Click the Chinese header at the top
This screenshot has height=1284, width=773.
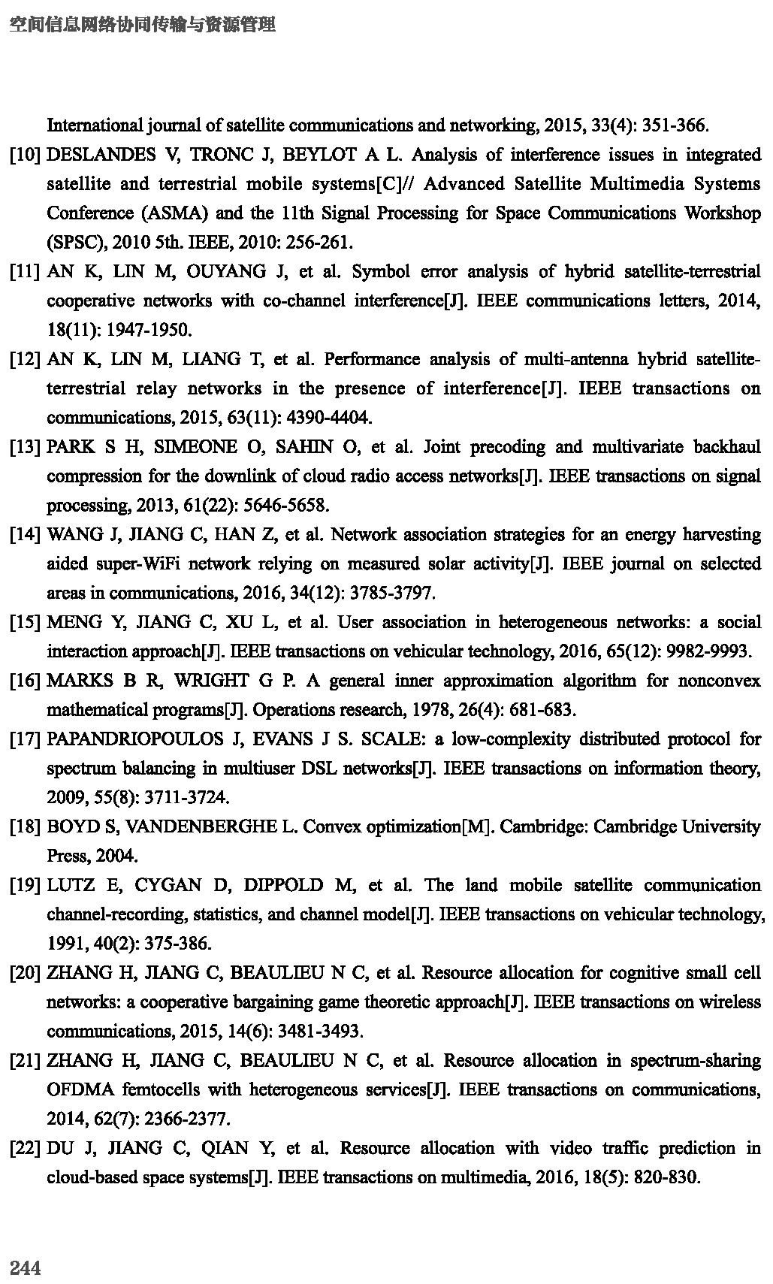[143, 25]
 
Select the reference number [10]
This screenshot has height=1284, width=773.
[25, 155]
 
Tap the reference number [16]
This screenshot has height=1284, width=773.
[25, 681]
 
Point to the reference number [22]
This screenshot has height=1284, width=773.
[25, 1148]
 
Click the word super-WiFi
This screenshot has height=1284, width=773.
[140, 564]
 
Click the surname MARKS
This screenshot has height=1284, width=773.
[74, 681]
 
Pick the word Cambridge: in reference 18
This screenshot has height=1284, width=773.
[542, 827]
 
